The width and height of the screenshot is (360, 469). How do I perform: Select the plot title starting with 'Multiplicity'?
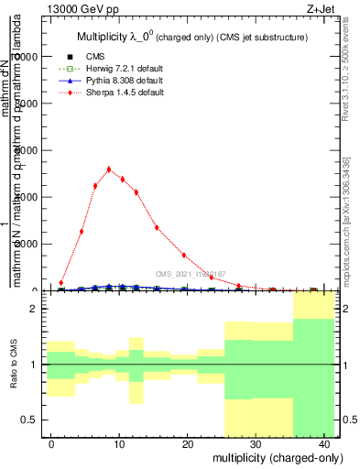tap(191, 37)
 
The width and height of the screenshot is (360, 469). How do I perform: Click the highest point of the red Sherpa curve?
tap(109, 169)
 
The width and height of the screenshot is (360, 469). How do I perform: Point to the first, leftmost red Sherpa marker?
tap(61, 283)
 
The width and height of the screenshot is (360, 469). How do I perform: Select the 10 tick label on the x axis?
tap(120, 444)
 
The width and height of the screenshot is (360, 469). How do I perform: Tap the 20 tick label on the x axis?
tap(188, 444)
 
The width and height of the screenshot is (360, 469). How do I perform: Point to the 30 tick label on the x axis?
tap(256, 444)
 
